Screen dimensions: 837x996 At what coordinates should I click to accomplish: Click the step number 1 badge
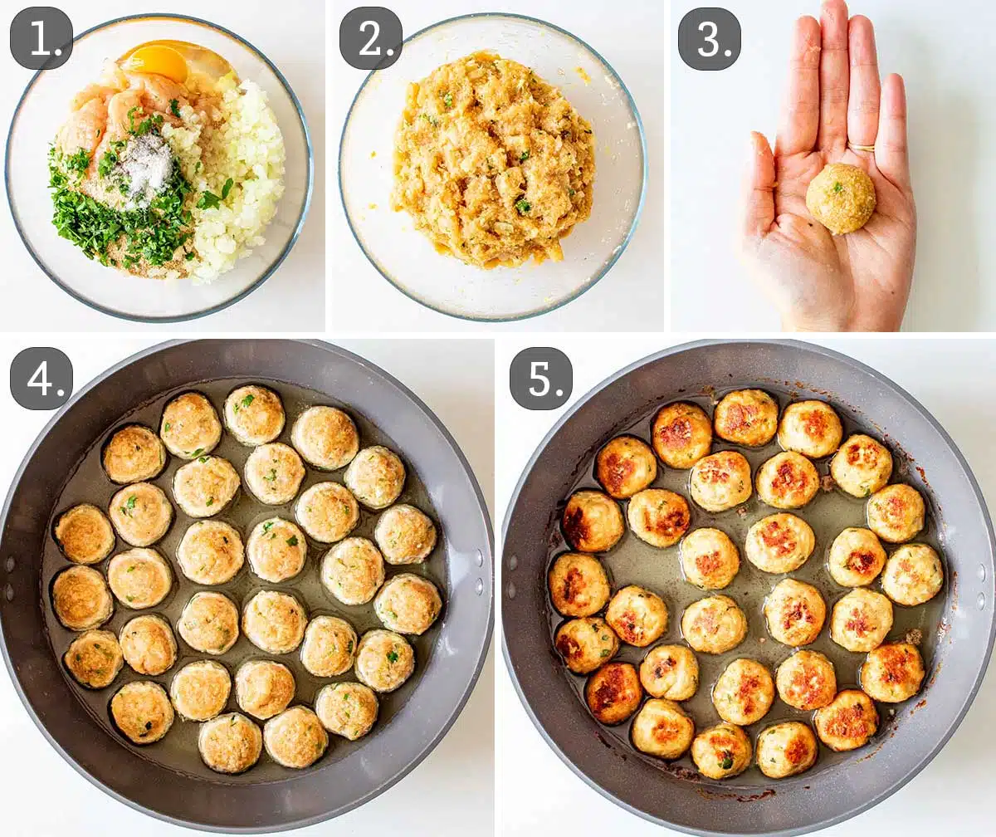[41, 38]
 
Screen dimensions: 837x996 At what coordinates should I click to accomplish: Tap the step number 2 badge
[370, 38]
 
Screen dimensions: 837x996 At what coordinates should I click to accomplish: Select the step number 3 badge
[709, 38]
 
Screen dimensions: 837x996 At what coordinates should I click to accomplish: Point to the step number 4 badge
[41, 379]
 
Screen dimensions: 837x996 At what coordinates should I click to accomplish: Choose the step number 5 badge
[540, 379]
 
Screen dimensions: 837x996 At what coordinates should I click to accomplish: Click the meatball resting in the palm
[840, 198]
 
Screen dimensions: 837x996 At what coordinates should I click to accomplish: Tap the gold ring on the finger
[861, 148]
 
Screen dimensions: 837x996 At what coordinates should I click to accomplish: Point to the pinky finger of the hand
[892, 125]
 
